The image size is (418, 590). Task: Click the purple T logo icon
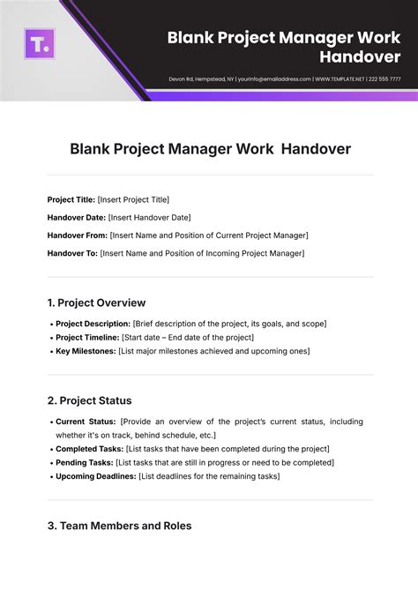pos(40,43)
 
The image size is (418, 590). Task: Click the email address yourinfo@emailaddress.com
pos(272,78)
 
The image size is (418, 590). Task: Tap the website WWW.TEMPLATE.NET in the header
pos(337,78)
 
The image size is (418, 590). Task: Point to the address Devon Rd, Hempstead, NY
pos(200,78)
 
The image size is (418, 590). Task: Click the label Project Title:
pos(71,199)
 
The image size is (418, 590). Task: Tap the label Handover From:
pos(77,235)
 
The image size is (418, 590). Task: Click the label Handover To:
pos(72,253)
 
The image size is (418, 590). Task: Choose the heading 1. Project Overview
pos(96,302)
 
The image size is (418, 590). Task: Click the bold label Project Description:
pos(93,325)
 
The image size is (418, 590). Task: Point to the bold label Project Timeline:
pos(86,338)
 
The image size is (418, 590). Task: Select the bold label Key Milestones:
pos(86,351)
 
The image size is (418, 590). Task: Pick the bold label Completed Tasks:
pos(89,449)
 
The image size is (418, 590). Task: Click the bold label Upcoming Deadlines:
pos(96,476)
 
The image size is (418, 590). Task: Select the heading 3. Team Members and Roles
pos(119,526)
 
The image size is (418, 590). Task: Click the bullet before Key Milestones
pos(50,351)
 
